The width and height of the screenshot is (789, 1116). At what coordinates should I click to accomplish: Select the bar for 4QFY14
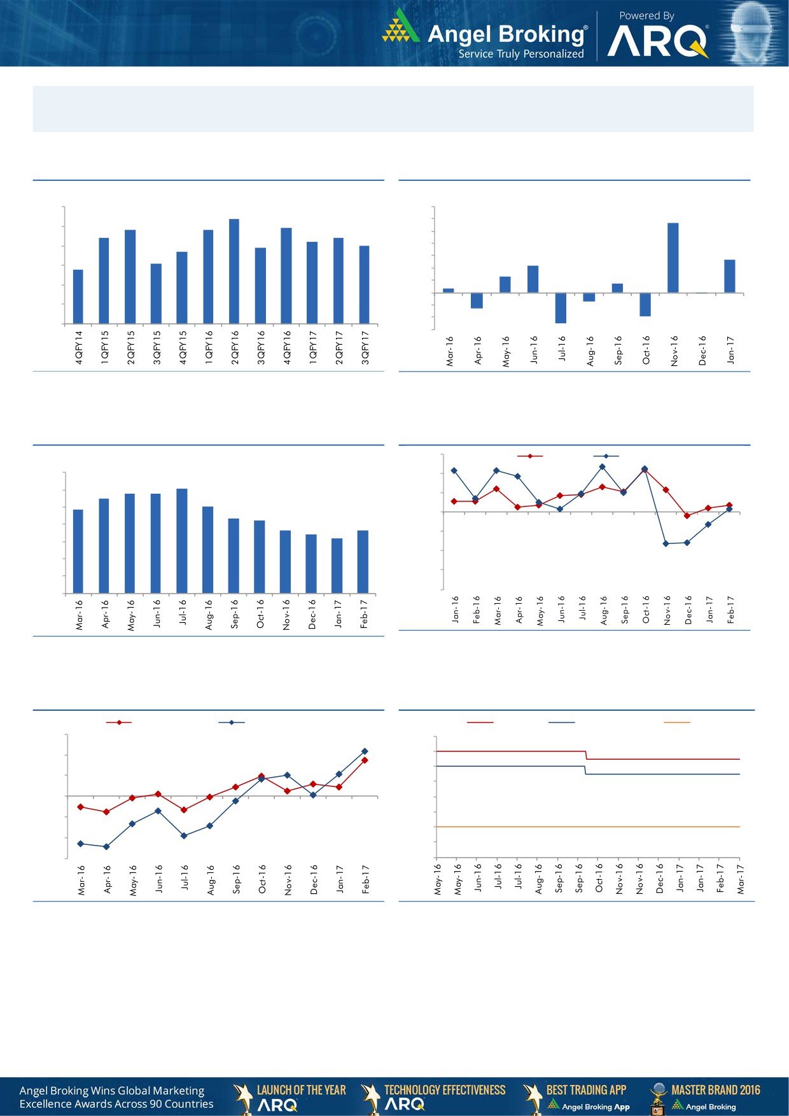78,296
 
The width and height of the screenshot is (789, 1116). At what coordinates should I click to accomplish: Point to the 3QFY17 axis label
365,347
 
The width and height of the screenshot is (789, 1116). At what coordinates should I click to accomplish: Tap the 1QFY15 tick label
104,347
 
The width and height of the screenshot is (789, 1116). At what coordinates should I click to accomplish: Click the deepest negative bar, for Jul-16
561,308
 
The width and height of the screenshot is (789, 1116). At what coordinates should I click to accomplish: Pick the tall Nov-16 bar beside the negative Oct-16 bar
673,258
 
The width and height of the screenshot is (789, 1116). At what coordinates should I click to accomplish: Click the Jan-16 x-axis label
455,609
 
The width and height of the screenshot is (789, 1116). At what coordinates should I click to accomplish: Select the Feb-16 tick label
476,609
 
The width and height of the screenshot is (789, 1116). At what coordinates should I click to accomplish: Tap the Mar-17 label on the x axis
741,879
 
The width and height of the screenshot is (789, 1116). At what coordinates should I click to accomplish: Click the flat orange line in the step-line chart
585,827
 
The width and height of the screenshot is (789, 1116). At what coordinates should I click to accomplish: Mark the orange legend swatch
676,722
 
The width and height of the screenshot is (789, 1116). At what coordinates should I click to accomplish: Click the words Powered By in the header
646,16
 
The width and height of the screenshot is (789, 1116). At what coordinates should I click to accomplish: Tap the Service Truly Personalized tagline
521,54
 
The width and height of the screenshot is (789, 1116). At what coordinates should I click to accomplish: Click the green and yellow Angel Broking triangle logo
401,27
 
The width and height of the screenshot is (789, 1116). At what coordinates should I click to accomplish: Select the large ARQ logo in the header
658,42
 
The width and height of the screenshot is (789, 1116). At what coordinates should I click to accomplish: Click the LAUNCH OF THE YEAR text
301,1090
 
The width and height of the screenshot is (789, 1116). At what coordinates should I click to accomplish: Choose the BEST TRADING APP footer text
586,1090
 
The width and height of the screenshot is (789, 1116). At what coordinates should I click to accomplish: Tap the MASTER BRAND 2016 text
715,1090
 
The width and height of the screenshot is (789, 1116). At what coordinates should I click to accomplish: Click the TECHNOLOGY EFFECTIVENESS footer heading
445,1090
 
